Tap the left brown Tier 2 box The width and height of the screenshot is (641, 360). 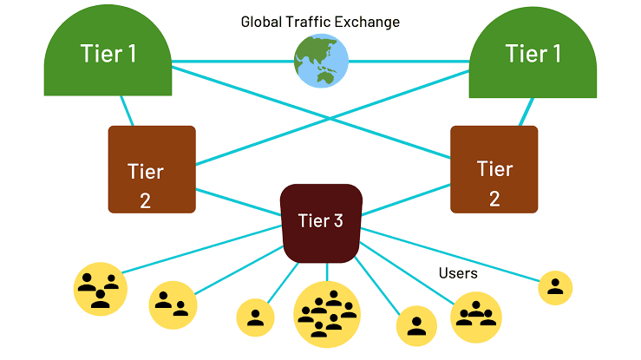[x=151, y=169]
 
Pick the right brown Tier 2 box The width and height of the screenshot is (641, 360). [x=494, y=169]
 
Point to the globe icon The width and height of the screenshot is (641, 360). [x=320, y=62]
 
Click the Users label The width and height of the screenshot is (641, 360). [x=458, y=273]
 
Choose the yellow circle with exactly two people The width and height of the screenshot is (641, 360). [x=173, y=304]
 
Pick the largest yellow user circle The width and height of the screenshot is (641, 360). [x=327, y=314]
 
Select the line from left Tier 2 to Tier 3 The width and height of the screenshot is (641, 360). [x=239, y=202]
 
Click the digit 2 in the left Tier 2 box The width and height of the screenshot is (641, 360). [x=145, y=200]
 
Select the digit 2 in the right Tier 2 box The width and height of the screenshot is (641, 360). [x=494, y=198]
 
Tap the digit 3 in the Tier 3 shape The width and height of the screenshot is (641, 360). [x=337, y=221]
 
